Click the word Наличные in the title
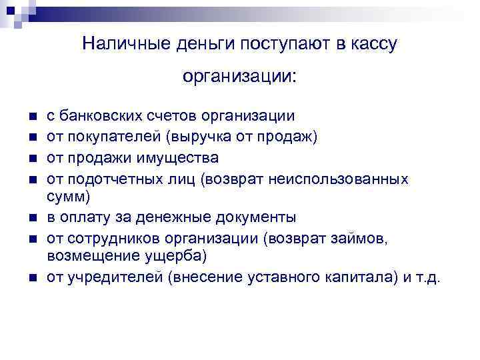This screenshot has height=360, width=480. tap(115, 44)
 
